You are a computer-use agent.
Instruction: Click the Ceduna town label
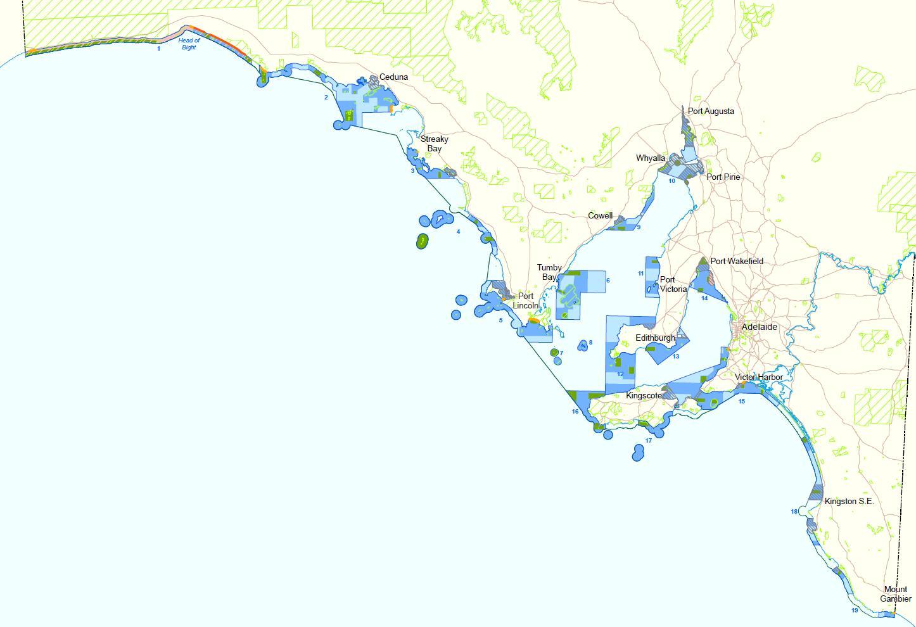(x=393, y=77)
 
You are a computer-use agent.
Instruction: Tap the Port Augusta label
(x=711, y=111)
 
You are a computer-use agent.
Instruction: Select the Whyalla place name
(x=651, y=158)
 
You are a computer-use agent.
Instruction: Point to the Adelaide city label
(x=759, y=327)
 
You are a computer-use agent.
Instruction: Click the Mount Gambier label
(x=896, y=594)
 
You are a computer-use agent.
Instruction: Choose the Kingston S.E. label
(x=849, y=502)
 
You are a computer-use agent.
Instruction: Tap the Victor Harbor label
(x=759, y=377)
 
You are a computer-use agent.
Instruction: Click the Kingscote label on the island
(x=644, y=396)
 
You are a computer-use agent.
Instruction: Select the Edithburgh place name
(x=655, y=338)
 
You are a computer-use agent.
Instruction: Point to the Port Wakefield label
(x=737, y=261)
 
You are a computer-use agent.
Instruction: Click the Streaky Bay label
(x=434, y=144)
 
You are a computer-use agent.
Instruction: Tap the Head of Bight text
(x=189, y=44)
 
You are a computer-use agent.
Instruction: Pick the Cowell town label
(x=601, y=216)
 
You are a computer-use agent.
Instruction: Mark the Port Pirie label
(x=723, y=177)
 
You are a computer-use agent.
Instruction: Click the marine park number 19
(x=855, y=611)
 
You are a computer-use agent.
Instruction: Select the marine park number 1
(x=159, y=49)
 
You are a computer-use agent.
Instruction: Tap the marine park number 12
(x=620, y=374)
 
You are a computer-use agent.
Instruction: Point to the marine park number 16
(x=575, y=412)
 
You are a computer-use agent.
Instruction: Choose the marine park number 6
(x=607, y=281)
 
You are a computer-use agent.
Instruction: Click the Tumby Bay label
(x=549, y=272)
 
